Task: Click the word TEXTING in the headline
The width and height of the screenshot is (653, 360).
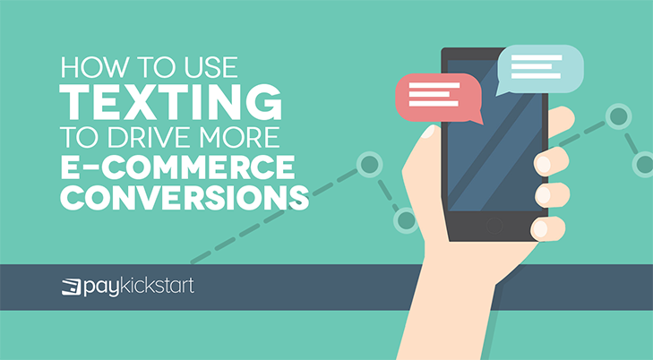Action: (x=171, y=101)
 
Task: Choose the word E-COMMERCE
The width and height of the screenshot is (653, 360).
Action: (x=177, y=167)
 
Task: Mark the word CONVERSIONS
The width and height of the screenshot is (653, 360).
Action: (x=184, y=197)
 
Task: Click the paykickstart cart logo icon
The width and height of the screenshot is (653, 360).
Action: (x=72, y=287)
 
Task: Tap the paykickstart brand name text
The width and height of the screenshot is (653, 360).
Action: (x=139, y=287)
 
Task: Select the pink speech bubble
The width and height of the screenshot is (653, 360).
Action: (x=438, y=98)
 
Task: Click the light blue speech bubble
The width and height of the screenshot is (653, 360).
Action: (x=540, y=69)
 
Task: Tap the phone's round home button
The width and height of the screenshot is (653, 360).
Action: (x=494, y=226)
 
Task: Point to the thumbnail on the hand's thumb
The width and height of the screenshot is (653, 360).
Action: (x=427, y=132)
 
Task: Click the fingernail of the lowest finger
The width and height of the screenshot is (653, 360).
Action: (x=540, y=228)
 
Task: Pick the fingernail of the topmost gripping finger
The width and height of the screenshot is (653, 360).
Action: (x=543, y=164)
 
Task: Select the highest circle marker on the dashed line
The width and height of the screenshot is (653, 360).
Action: (x=618, y=116)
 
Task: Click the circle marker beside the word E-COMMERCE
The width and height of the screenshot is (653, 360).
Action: (x=369, y=165)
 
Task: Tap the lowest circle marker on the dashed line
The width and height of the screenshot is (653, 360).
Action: (x=406, y=220)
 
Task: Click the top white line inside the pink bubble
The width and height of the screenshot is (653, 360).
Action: (x=434, y=85)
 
